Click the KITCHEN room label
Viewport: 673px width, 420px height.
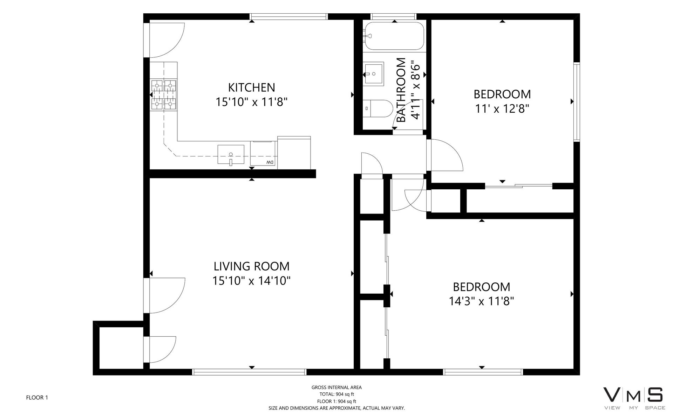coord(252,87)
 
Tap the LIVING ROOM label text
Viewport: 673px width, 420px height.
coord(252,266)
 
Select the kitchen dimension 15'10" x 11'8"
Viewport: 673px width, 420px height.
coord(252,102)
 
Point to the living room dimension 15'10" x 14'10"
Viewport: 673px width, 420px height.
coord(252,281)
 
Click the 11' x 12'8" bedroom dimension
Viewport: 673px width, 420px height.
coord(502,109)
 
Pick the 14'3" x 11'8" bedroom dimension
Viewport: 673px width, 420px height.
coord(482,301)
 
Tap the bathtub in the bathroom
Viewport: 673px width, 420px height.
coord(394,36)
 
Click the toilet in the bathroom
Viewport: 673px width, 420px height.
coord(377,109)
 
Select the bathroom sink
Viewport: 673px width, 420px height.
coord(374,73)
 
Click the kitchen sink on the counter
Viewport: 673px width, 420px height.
coord(231,154)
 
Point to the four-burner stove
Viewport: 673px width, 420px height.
coord(163,95)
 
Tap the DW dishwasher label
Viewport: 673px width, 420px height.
coord(270,162)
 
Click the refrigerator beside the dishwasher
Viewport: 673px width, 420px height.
coord(294,153)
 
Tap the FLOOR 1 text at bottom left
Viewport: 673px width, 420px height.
coord(37,397)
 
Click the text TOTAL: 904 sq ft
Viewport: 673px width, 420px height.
coord(336,394)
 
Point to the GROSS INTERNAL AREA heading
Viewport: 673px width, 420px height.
coord(336,387)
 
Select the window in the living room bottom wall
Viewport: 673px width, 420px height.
coord(250,372)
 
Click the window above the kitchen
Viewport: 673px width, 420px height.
coord(288,16)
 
